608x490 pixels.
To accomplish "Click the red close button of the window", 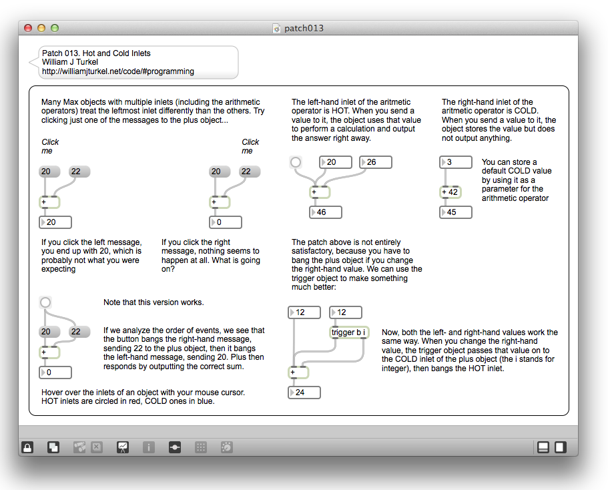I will pyautogui.click(x=28, y=28).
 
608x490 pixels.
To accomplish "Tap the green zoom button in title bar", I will pyautogui.click(x=55, y=28).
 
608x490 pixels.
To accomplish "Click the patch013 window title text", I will pyautogui.click(x=304, y=28).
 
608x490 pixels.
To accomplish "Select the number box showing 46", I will pyautogui.click(x=326, y=212).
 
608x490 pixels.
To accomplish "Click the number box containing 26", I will pyautogui.click(x=376, y=162).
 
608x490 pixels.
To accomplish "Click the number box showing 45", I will pyautogui.click(x=457, y=212).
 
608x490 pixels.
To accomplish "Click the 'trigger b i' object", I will pyautogui.click(x=349, y=332).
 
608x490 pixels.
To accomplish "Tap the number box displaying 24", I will pyautogui.click(x=304, y=393).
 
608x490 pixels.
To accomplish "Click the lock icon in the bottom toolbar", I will pyautogui.click(x=27, y=447).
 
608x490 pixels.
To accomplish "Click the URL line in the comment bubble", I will pyautogui.click(x=118, y=71).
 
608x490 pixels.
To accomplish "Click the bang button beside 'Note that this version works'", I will pyautogui.click(x=45, y=302).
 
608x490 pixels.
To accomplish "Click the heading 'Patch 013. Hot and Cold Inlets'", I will pyautogui.click(x=96, y=53).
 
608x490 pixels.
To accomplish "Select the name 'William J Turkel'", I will pyautogui.click(x=70, y=62).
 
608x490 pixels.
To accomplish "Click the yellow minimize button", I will pyautogui.click(x=41, y=28).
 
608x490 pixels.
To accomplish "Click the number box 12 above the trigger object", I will pyautogui.click(x=346, y=312).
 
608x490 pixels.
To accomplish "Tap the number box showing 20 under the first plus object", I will pyautogui.click(x=55, y=222).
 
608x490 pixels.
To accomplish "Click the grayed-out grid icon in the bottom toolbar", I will pyautogui.click(x=200, y=447).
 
